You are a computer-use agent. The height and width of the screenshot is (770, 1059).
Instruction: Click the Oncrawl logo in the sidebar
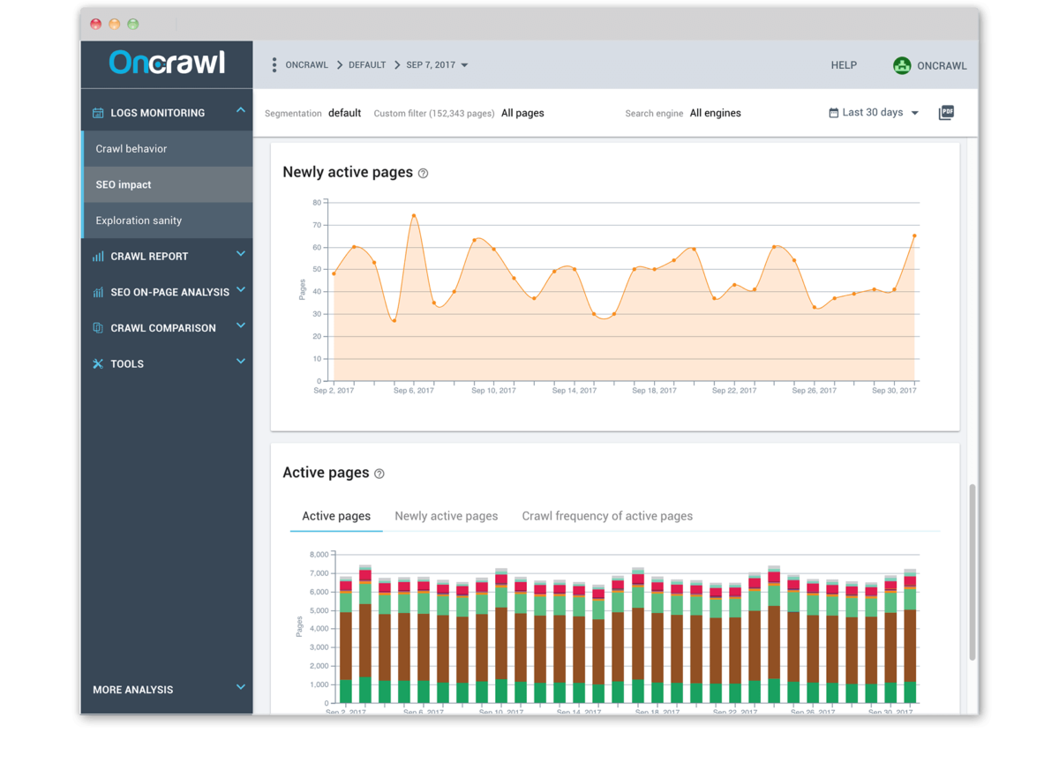tap(167, 63)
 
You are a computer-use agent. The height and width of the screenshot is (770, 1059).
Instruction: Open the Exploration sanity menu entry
tap(139, 221)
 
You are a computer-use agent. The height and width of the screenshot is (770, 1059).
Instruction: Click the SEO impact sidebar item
tap(124, 185)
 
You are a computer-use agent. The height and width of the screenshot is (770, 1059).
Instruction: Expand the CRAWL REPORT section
tap(149, 257)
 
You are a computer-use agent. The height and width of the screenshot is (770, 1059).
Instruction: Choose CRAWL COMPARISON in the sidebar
tap(162, 328)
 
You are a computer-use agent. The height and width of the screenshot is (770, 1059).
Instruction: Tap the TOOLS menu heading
tap(127, 364)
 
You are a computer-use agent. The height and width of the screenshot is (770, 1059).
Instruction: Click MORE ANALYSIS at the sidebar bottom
tap(133, 690)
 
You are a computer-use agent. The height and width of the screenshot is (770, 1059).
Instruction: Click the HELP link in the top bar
tap(844, 65)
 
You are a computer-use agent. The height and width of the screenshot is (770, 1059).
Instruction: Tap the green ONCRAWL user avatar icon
tap(901, 65)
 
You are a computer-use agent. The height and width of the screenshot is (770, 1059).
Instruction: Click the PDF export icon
tap(946, 112)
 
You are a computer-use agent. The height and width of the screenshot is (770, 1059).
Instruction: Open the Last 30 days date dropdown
tap(874, 113)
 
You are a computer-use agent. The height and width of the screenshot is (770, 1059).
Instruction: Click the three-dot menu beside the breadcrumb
tap(274, 65)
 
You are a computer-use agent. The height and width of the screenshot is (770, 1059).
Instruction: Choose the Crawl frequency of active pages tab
tap(607, 516)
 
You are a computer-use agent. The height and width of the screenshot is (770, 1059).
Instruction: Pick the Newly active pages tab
tap(447, 516)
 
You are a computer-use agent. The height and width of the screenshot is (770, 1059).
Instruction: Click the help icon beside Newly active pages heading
tap(423, 174)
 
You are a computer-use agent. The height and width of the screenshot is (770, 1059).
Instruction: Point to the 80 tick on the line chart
tap(316, 203)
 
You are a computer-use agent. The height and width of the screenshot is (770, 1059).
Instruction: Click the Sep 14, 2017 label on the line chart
tap(575, 391)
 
